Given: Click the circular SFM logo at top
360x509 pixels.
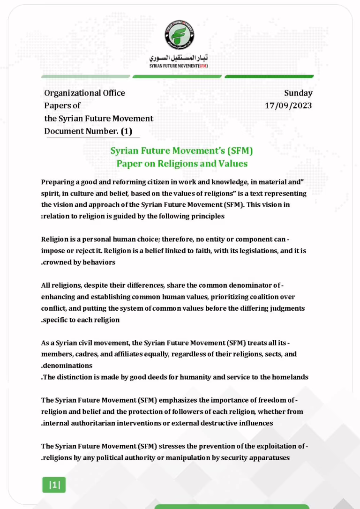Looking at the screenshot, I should [180, 35].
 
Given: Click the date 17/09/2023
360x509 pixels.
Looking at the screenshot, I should [288, 105].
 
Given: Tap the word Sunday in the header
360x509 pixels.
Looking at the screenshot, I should [298, 93].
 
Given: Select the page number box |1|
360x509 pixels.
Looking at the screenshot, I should [54, 485].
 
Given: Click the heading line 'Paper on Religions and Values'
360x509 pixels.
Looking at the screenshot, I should [182, 164].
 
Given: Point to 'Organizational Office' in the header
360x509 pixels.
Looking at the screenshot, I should [85, 93].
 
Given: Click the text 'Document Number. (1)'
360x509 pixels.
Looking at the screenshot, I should [88, 131].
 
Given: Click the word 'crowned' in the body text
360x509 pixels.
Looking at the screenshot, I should [58, 262].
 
